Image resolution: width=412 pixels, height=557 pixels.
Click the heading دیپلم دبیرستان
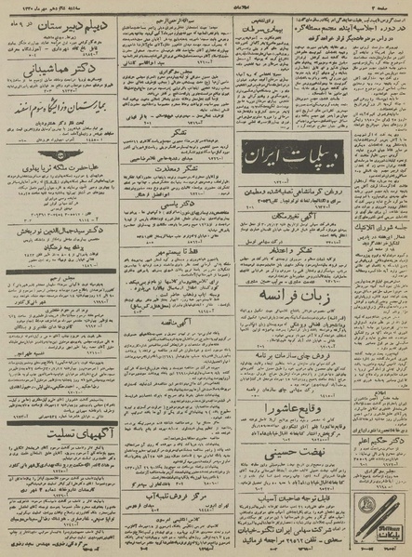(63, 45)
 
